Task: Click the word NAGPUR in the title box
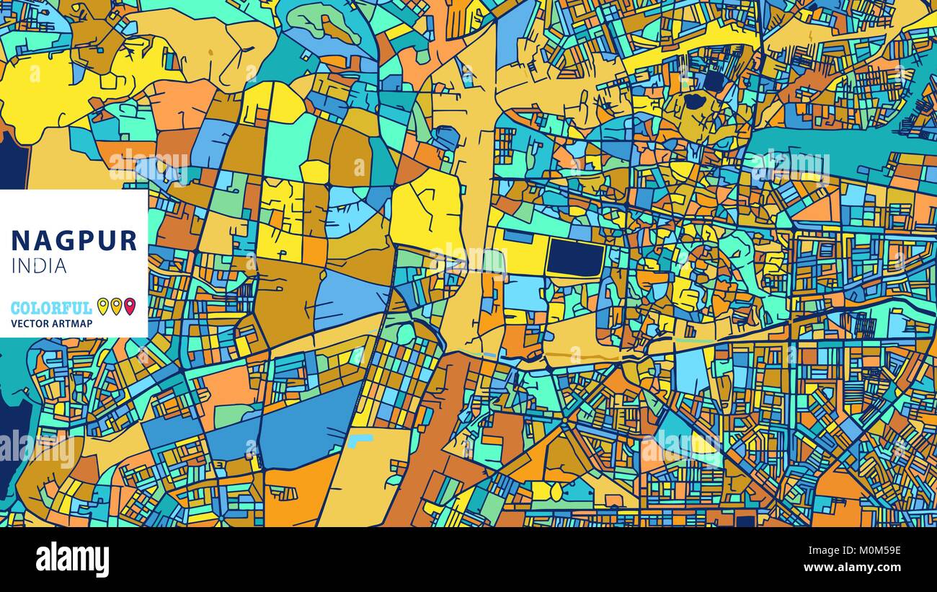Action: [x=74, y=240]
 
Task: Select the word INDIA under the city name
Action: [x=40, y=266]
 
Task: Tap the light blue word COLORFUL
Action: [x=51, y=308]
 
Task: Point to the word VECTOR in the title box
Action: [x=29, y=324]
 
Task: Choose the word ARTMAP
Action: [x=71, y=324]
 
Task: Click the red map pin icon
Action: [x=130, y=306]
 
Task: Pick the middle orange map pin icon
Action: [x=116, y=306]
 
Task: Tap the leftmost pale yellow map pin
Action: [x=103, y=306]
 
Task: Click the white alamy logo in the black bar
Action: [x=72, y=559]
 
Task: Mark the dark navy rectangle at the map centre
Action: [x=575, y=258]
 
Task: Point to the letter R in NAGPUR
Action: [x=128, y=240]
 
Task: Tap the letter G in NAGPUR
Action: [x=63, y=240]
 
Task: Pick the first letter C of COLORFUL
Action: [x=16, y=308]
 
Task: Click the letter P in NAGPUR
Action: [x=84, y=240]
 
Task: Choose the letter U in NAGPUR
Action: [x=105, y=240]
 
